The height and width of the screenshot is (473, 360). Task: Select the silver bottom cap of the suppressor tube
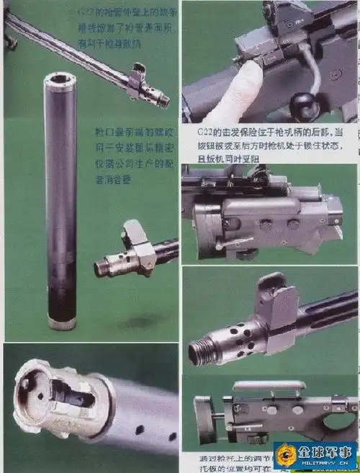click(61, 323)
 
